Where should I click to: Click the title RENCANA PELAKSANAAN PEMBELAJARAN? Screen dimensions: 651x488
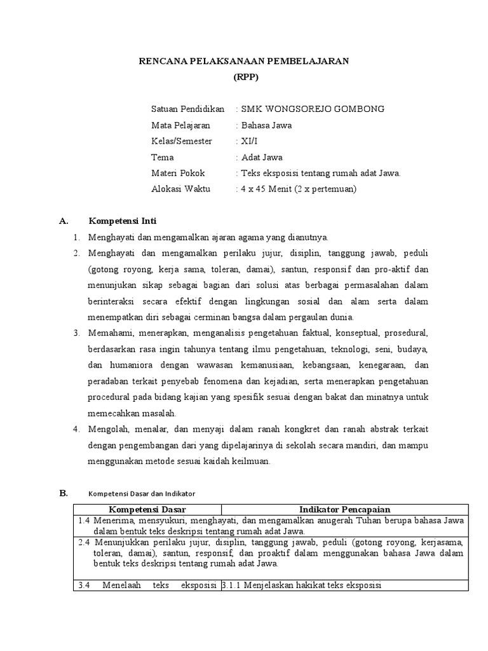click(x=244, y=61)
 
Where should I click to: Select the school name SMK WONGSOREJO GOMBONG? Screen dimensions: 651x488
click(x=311, y=109)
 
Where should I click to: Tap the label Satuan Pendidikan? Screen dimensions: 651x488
click(x=188, y=109)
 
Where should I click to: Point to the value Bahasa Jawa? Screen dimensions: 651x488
click(x=265, y=125)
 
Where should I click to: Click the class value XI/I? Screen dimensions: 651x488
click(x=248, y=141)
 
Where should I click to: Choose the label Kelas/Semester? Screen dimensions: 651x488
click(x=182, y=141)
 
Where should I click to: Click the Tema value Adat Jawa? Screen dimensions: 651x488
click(x=261, y=157)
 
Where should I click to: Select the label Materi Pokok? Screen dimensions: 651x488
click(x=179, y=173)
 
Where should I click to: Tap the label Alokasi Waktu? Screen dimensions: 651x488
click(x=180, y=189)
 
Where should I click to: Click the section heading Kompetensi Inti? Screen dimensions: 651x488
click(x=122, y=221)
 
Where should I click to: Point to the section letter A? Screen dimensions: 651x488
click(x=63, y=221)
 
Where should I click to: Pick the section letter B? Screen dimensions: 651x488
click(x=63, y=493)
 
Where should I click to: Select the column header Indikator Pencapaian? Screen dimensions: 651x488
click(x=344, y=509)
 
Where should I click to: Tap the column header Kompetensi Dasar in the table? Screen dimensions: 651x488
click(x=147, y=509)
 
